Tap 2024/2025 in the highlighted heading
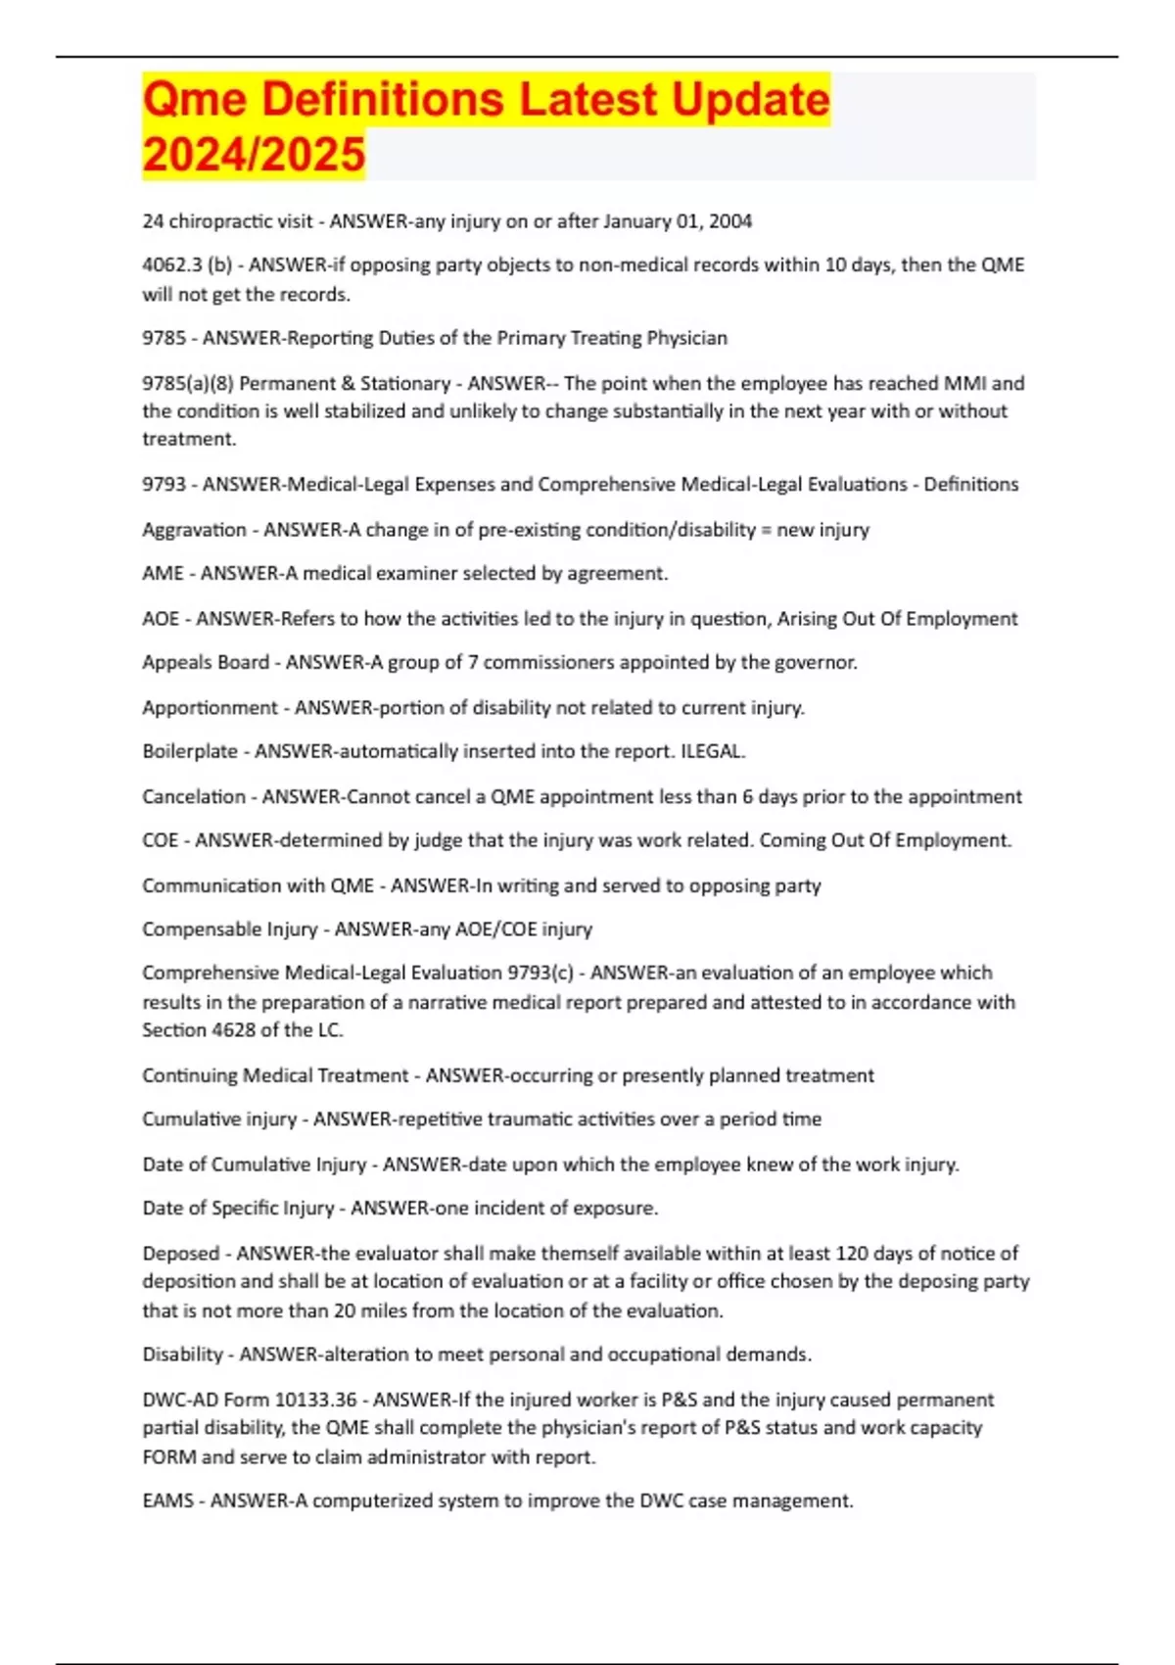(254, 155)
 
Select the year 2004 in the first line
(730, 221)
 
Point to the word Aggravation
(194, 530)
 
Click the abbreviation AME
(163, 573)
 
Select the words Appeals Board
(205, 662)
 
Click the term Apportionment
(210, 707)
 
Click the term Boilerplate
(190, 751)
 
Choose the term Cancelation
(193, 796)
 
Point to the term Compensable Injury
(229, 928)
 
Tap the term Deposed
(180, 1253)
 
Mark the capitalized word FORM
(168, 1456)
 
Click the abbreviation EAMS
(167, 1500)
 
